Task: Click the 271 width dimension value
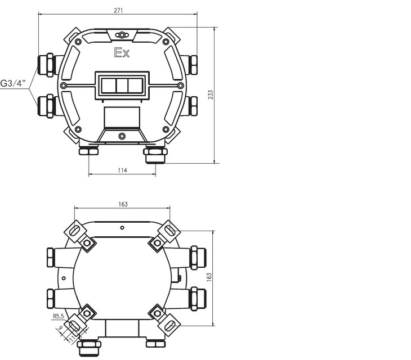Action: click(118, 11)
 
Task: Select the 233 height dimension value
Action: click(211, 94)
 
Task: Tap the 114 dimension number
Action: click(122, 170)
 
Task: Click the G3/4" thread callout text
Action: click(13, 83)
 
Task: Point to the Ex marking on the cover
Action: click(122, 53)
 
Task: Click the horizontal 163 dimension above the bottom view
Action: click(123, 204)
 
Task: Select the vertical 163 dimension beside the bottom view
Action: click(209, 277)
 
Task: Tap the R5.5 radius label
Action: click(59, 316)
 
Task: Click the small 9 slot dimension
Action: click(60, 327)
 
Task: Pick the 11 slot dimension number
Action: click(72, 339)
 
